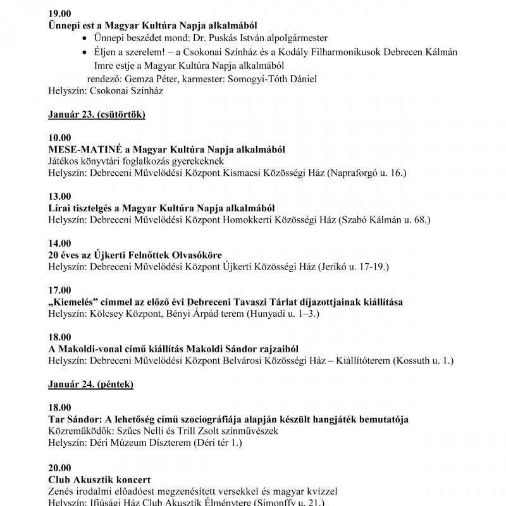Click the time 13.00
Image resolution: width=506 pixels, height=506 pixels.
click(59, 196)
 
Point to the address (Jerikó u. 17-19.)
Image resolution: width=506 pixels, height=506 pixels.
click(354, 267)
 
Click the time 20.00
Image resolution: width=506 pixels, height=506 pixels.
click(59, 467)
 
